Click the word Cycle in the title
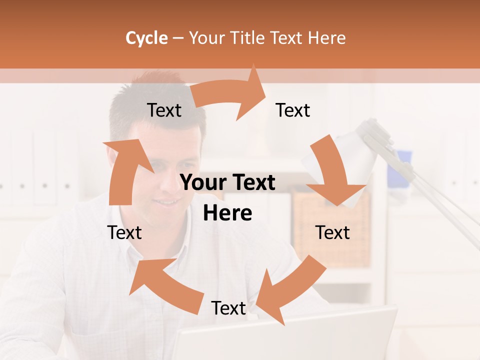146,38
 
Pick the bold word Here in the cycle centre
227,213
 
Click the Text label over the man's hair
164,110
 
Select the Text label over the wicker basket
332,232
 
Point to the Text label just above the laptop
228,308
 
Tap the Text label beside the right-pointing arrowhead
293,110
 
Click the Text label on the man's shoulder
124,232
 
